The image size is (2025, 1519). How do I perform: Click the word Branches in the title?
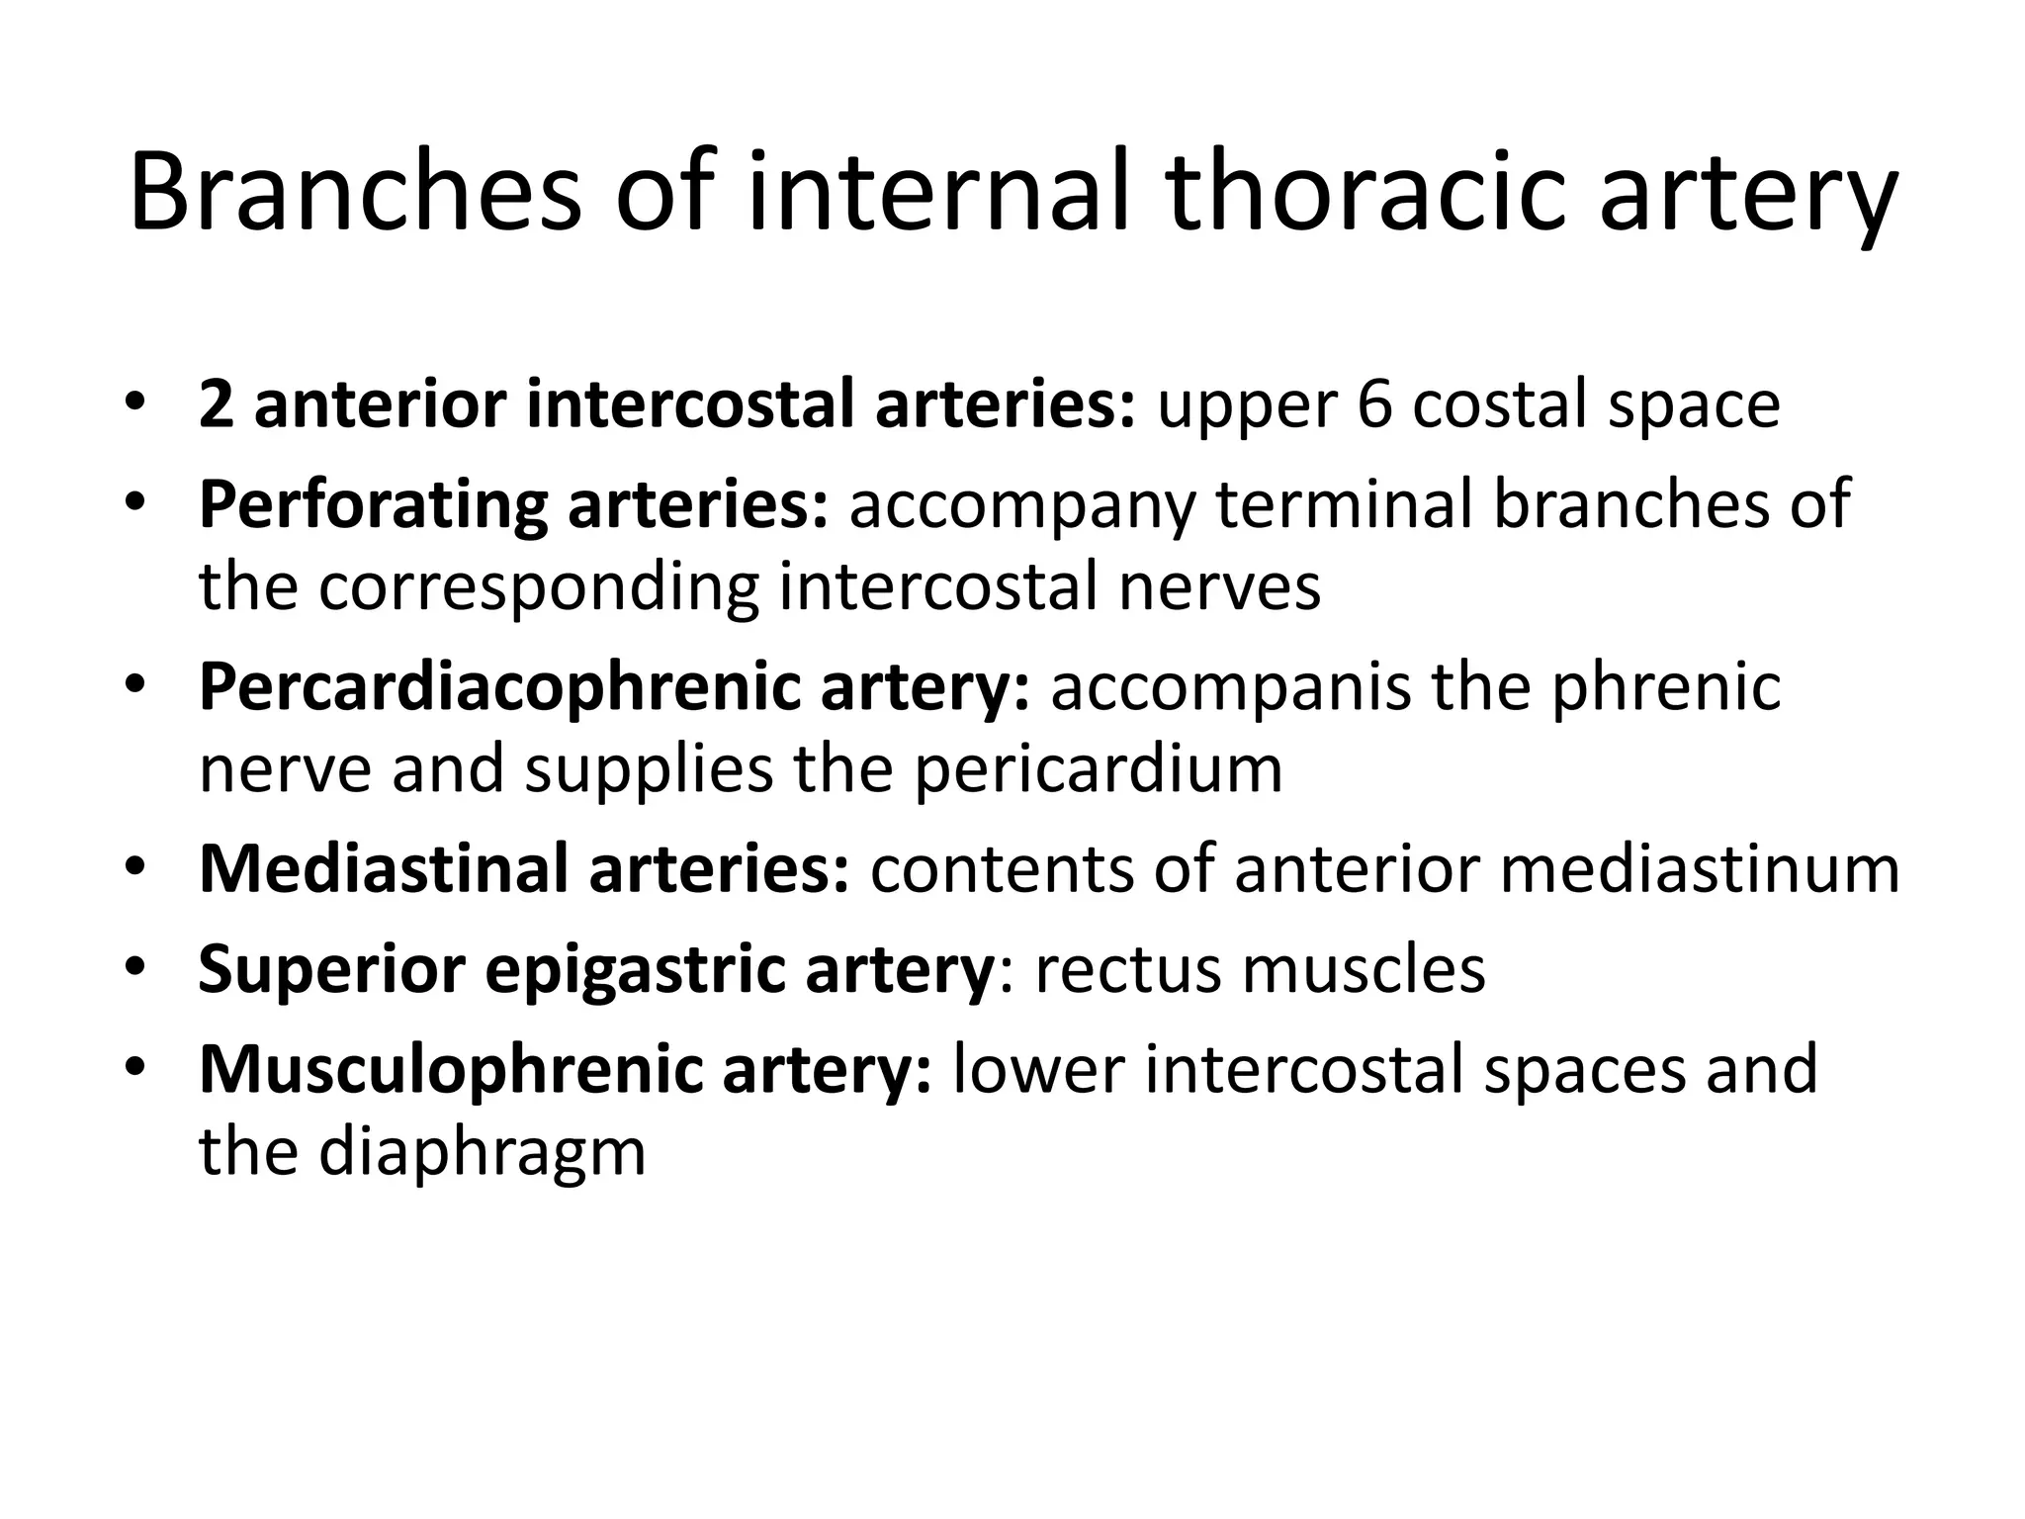(x=354, y=193)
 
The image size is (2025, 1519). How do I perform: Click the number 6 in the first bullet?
(x=1373, y=405)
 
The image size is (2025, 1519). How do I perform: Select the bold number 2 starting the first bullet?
(x=216, y=405)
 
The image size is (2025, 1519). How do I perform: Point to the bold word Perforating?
(x=372, y=506)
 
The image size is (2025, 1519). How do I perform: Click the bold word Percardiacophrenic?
(x=498, y=688)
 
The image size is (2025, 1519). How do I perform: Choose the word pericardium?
(x=1098, y=769)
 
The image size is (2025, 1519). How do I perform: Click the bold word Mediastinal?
(x=383, y=869)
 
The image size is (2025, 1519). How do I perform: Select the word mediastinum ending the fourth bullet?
(x=1700, y=869)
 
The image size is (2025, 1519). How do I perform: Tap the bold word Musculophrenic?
(x=450, y=1071)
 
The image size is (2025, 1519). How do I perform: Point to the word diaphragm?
(x=482, y=1153)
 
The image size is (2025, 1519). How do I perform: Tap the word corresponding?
(x=538, y=587)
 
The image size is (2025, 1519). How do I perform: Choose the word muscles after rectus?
(x=1364, y=970)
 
